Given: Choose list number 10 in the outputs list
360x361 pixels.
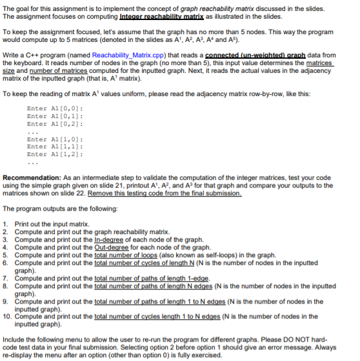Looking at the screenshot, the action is click(8, 317).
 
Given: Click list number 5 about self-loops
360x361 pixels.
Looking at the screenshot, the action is click(6, 255).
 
